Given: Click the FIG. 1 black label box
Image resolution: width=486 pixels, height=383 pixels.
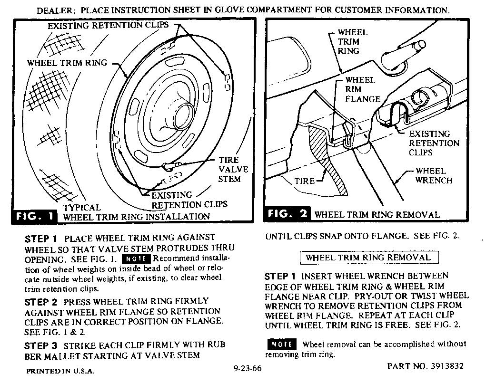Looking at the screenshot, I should [x=34, y=216].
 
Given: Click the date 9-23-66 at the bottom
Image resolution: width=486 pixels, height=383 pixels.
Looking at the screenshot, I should [x=248, y=368].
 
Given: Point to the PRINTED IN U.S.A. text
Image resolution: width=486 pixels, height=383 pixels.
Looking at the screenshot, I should [x=60, y=371].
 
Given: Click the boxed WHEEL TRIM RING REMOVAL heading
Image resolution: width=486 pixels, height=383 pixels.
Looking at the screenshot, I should [x=368, y=258].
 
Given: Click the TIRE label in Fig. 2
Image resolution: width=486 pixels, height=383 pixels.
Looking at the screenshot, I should [x=304, y=181].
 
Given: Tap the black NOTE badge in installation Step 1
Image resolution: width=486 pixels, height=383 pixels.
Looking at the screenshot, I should [x=137, y=259].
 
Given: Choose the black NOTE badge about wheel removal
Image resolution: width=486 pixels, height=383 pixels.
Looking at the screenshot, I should [x=282, y=344].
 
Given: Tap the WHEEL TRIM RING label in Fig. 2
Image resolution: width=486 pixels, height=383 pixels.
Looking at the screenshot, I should [x=352, y=41].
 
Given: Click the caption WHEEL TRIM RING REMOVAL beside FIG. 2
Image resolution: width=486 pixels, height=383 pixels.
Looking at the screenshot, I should [x=376, y=214].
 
